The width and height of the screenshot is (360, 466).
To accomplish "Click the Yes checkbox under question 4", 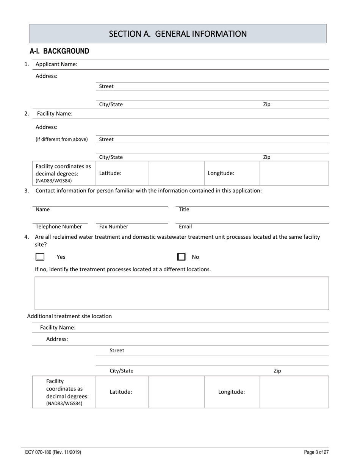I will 40,257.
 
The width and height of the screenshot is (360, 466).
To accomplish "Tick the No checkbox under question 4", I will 182,257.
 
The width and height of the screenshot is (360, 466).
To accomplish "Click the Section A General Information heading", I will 178,34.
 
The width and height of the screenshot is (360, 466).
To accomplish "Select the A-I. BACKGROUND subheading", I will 59,51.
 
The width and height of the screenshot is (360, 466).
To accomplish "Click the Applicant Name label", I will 56,64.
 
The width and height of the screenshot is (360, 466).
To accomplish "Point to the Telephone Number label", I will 58,227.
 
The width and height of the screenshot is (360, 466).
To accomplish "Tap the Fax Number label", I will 114,227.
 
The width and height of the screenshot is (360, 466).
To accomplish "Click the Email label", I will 185,227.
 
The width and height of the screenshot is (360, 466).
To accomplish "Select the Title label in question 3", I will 184,210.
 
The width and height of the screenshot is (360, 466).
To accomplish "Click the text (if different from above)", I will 61,139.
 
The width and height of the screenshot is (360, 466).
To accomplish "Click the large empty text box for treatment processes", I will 182,293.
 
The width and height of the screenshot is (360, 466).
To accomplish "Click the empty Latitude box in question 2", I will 176,173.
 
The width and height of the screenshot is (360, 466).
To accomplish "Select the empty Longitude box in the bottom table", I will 294,392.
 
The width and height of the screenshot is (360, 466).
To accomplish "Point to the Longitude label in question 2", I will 221,173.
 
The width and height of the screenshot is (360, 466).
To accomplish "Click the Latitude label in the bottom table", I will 121,392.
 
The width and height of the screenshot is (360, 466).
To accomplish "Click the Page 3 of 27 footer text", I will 316,452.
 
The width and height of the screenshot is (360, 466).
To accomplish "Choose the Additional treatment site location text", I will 69,316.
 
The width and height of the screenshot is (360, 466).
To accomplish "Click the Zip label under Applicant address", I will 267,104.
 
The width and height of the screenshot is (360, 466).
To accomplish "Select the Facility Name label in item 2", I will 55,114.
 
